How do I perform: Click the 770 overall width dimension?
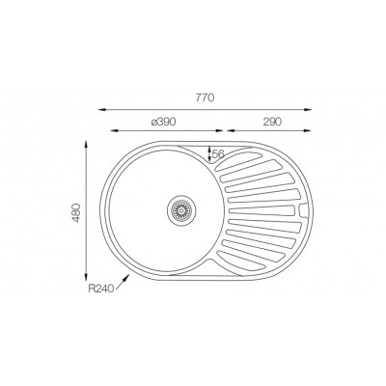[204, 98]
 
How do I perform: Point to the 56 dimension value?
[217, 154]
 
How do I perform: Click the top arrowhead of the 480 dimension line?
[88, 144]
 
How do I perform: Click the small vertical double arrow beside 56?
[208, 153]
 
